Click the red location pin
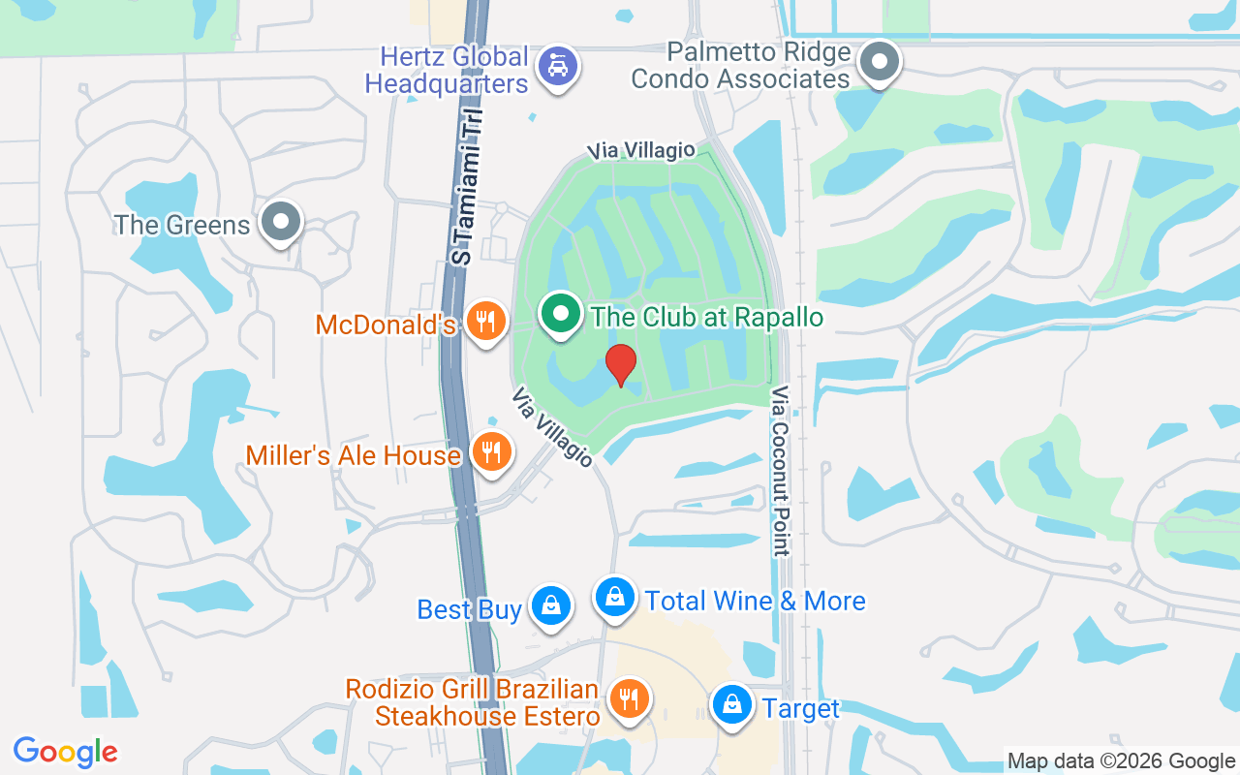(x=621, y=364)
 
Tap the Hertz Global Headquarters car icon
(x=558, y=66)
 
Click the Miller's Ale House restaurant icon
(x=492, y=450)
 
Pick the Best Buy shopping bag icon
(x=550, y=605)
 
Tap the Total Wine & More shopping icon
(x=614, y=597)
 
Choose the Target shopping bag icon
(x=734, y=705)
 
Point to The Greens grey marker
(x=281, y=221)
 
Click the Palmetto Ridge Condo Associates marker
(x=880, y=62)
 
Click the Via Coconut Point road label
(x=781, y=471)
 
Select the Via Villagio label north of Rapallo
(x=641, y=150)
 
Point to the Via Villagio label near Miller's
(x=551, y=427)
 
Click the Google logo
(x=66, y=752)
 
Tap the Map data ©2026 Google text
(x=1121, y=761)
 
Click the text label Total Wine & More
(x=756, y=601)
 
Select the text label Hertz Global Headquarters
(x=447, y=70)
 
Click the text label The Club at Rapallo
(x=707, y=317)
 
